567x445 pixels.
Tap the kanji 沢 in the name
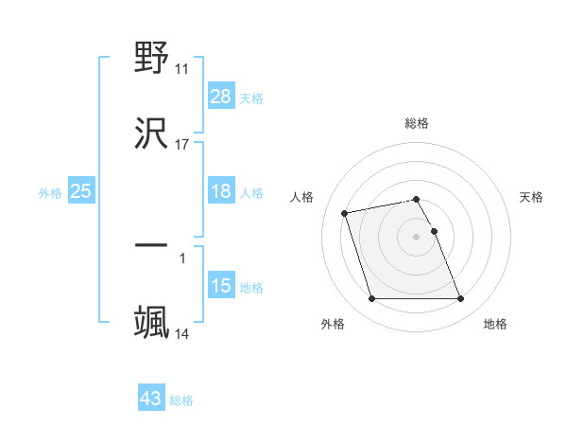[152, 133]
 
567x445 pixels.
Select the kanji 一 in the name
[152, 245]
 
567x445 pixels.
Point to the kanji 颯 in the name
[152, 321]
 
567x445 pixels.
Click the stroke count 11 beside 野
[182, 68]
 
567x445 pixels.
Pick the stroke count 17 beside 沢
[182, 144]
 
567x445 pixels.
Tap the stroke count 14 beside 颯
[182, 333]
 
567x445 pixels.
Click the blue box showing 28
[221, 97]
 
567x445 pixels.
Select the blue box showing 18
[221, 191]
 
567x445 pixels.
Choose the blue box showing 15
[221, 286]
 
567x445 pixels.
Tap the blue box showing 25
[81, 191]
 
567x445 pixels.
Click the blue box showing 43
[151, 399]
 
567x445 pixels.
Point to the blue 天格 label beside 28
[251, 98]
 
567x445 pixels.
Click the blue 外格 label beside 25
[50, 192]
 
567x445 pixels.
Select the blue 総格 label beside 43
[181, 400]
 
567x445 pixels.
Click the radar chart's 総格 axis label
[417, 123]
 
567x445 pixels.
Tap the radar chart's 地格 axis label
[495, 324]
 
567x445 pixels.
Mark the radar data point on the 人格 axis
[345, 212]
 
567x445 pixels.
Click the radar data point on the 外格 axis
[372, 299]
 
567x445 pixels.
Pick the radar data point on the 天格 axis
[435, 231]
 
